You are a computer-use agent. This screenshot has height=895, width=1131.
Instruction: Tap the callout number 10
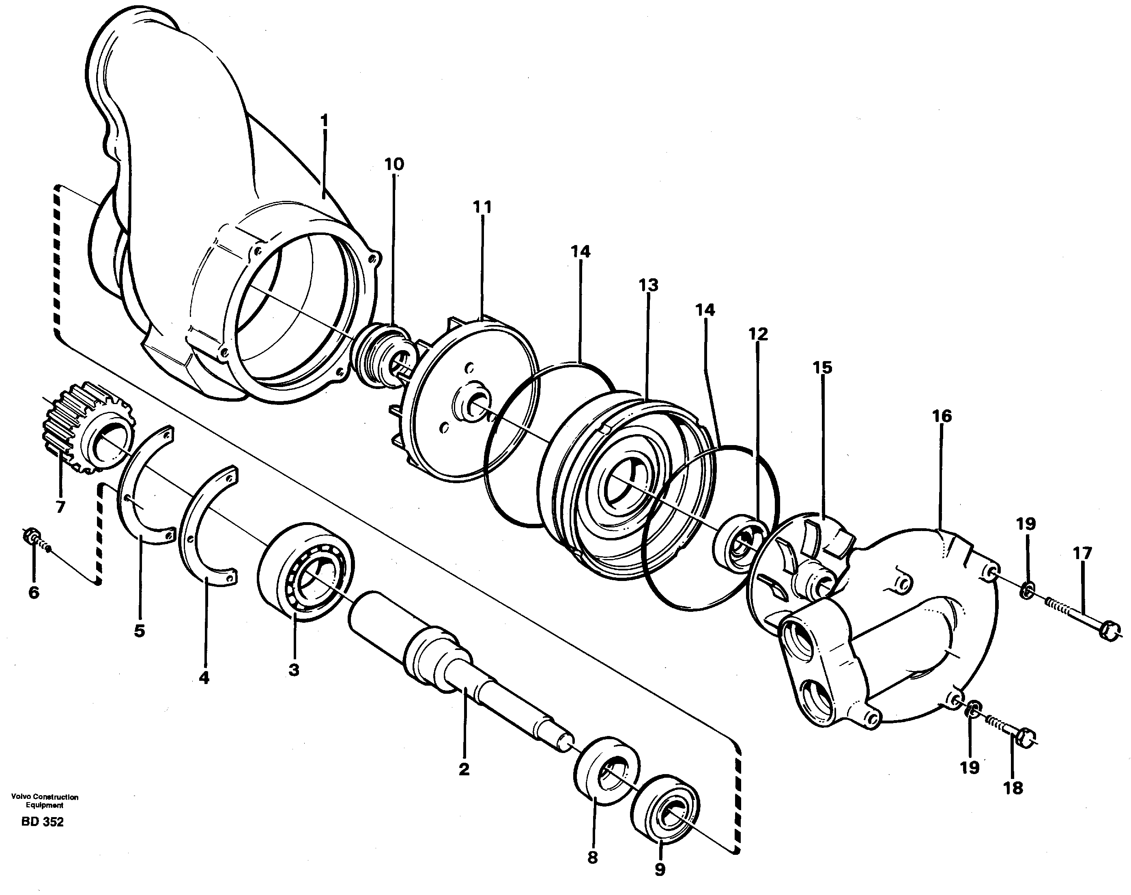tap(394, 165)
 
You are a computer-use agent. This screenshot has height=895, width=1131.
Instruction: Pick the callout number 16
tap(942, 417)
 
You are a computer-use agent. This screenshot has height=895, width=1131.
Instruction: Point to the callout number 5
tap(139, 631)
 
